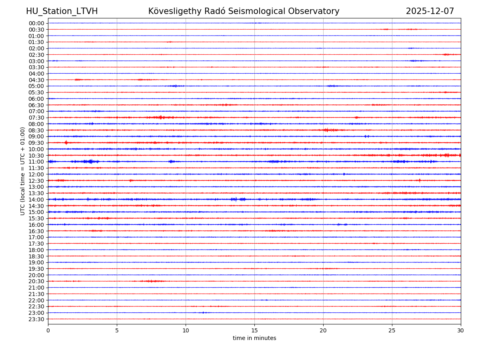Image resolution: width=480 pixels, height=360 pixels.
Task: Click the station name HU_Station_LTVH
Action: (62, 11)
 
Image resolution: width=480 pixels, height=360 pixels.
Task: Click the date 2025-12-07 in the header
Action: (430, 11)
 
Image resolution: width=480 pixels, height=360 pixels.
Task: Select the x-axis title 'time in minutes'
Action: (254, 338)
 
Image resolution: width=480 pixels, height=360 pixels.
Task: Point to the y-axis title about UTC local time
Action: (23, 171)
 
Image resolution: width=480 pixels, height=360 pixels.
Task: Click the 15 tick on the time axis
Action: (254, 330)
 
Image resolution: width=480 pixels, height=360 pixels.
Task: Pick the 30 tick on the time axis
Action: (461, 330)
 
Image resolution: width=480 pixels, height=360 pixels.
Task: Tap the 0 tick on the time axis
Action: (48, 330)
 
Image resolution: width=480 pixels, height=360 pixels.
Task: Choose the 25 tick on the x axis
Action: (392, 330)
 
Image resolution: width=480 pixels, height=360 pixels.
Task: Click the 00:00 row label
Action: (36, 23)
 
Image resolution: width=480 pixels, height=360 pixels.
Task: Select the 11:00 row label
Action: (36, 162)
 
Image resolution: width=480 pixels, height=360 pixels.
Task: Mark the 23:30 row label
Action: (36, 319)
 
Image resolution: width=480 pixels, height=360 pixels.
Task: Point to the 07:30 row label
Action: (36, 118)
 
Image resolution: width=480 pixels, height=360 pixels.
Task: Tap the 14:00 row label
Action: (36, 200)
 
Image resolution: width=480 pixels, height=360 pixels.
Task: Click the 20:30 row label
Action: (36, 281)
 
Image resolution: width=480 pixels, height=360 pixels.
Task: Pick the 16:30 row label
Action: (36, 231)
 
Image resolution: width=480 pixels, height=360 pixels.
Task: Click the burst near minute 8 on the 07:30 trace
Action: (161, 117)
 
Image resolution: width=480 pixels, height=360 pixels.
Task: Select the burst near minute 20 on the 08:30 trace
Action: (326, 130)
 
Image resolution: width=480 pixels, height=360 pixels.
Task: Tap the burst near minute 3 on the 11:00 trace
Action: (90, 162)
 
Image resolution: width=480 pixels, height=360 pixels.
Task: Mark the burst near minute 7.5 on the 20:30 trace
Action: (151, 281)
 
